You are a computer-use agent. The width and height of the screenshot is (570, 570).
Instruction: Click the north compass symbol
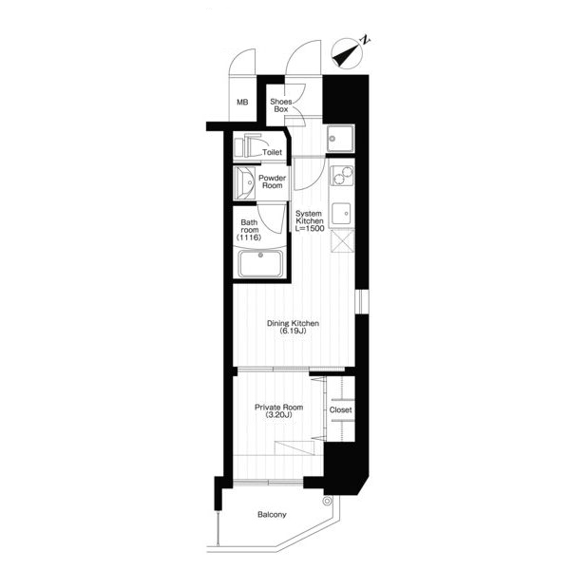pyautogui.click(x=348, y=53)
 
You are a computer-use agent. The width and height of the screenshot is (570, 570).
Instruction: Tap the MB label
pyautogui.click(x=242, y=103)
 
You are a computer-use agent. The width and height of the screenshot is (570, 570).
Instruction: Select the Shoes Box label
pyautogui.click(x=280, y=105)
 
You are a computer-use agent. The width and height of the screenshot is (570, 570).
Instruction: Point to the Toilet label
pyautogui.click(x=272, y=152)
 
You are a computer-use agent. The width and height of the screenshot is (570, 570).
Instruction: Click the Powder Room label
pyautogui.click(x=273, y=181)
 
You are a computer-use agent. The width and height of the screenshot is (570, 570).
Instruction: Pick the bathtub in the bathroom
pyautogui.click(x=260, y=263)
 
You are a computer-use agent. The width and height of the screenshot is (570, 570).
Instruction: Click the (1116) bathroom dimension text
pyautogui.click(x=249, y=237)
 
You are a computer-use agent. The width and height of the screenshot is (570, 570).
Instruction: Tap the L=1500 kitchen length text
pyautogui.click(x=310, y=229)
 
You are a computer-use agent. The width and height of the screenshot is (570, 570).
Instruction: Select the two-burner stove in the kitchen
pyautogui.click(x=341, y=176)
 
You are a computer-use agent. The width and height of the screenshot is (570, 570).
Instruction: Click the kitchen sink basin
pyautogui.click(x=341, y=214)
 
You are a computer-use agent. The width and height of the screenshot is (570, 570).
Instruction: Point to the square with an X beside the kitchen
pyautogui.click(x=342, y=240)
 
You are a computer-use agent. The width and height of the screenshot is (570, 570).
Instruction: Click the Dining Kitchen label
pyautogui.click(x=293, y=323)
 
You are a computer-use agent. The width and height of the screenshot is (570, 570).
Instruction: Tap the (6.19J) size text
pyautogui.click(x=293, y=332)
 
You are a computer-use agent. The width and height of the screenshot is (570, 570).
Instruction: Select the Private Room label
pyautogui.click(x=278, y=408)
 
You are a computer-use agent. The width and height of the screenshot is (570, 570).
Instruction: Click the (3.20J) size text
pyautogui.click(x=278, y=415)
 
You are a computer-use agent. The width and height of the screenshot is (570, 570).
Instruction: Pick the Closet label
pyautogui.click(x=341, y=410)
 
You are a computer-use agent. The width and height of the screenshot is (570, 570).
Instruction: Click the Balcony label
pyautogui.click(x=272, y=515)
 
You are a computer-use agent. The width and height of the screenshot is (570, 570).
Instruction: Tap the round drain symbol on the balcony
pyautogui.click(x=327, y=502)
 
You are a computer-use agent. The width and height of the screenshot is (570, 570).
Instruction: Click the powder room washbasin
pyautogui.click(x=244, y=182)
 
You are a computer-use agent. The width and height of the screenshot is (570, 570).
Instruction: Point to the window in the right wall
pyautogui.click(x=362, y=301)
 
